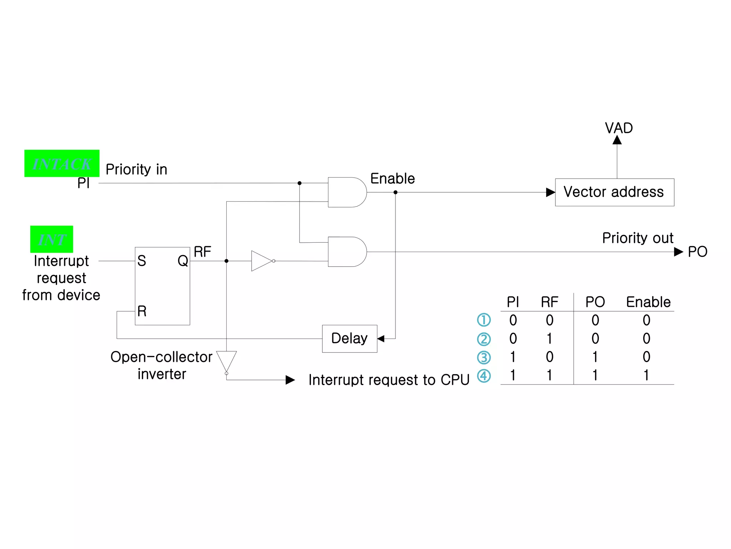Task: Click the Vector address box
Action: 614,192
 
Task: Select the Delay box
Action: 349,338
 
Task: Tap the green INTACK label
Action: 62,163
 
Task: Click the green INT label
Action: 52,239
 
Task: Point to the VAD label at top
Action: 619,128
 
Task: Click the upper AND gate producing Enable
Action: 346,192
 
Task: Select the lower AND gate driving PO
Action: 346,252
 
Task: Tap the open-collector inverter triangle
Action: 226,360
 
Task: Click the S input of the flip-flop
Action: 142,261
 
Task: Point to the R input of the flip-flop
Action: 142,311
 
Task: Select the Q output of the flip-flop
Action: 183,261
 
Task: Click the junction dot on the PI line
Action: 299,183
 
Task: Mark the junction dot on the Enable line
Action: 395,192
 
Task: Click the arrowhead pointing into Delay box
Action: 381,338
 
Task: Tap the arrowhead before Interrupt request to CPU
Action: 290,380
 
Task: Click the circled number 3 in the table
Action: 484,357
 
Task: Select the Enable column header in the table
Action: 648,302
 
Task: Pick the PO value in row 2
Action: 595,338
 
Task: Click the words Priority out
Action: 637,238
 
